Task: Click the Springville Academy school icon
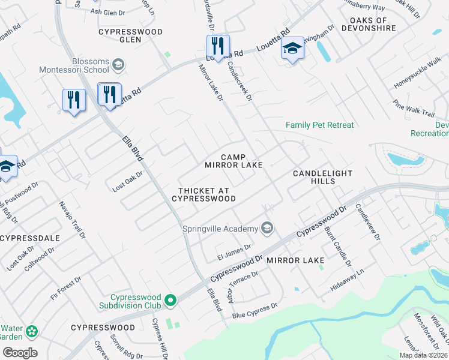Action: click(267, 228)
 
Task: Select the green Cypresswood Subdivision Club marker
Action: click(170, 299)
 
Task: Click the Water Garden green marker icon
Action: click(31, 331)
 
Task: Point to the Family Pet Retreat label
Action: click(319, 125)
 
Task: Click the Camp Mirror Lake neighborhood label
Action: click(234, 160)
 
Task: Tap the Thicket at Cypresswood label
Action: click(203, 194)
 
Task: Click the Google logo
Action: click(20, 353)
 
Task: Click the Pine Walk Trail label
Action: click(414, 107)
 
